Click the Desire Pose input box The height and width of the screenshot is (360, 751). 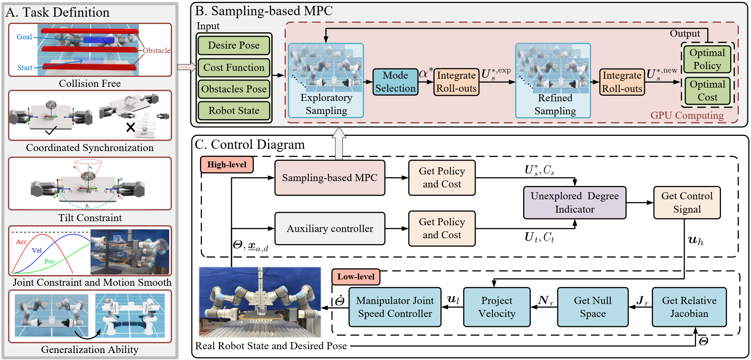[234, 45]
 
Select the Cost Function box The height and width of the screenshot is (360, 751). [234, 67]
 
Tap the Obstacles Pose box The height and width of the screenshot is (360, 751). [234, 89]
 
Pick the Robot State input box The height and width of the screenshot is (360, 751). [234, 111]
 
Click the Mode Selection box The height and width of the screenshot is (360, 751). [396, 82]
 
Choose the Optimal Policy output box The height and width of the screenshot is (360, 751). [707, 59]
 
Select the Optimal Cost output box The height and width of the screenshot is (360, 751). [707, 91]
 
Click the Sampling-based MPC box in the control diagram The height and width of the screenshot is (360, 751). [330, 178]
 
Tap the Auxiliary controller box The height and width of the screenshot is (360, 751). [330, 229]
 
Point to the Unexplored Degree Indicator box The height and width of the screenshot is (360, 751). [575, 203]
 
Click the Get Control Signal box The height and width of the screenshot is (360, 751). [687, 203]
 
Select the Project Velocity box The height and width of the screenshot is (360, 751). [497, 307]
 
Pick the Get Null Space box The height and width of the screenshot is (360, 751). [593, 307]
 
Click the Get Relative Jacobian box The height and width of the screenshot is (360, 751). [689, 307]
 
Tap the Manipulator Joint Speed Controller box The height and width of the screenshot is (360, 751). [395, 307]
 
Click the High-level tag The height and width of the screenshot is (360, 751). [227, 164]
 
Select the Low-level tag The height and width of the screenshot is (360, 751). [356, 277]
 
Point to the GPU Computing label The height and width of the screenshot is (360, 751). [687, 115]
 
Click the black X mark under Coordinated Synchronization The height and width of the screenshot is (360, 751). [131, 128]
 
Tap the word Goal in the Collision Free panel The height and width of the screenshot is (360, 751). [24, 37]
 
